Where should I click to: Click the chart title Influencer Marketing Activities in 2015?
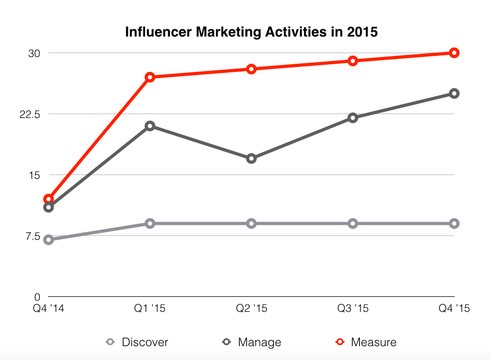pos(251,32)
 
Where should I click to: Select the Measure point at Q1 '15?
pos(150,77)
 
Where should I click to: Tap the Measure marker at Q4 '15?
pos(454,53)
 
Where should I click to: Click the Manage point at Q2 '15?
pos(251,158)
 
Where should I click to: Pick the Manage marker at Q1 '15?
pos(150,126)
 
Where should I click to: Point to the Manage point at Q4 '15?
pos(454,94)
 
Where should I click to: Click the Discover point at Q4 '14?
pos(49,240)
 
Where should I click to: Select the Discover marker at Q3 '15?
pos(353,224)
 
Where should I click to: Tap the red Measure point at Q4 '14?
pos(49,199)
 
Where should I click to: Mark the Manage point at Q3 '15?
pos(353,118)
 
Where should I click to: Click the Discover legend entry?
pos(137,342)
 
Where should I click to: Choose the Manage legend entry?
pos(252,342)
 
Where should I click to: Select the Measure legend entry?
pos(366,342)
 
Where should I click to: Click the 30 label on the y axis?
pos(35,53)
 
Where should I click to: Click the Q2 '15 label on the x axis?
pos(251,308)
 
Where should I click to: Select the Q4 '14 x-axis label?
pos(49,308)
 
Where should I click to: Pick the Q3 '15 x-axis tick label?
pos(353,308)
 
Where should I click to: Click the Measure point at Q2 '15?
pos(251,69)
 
